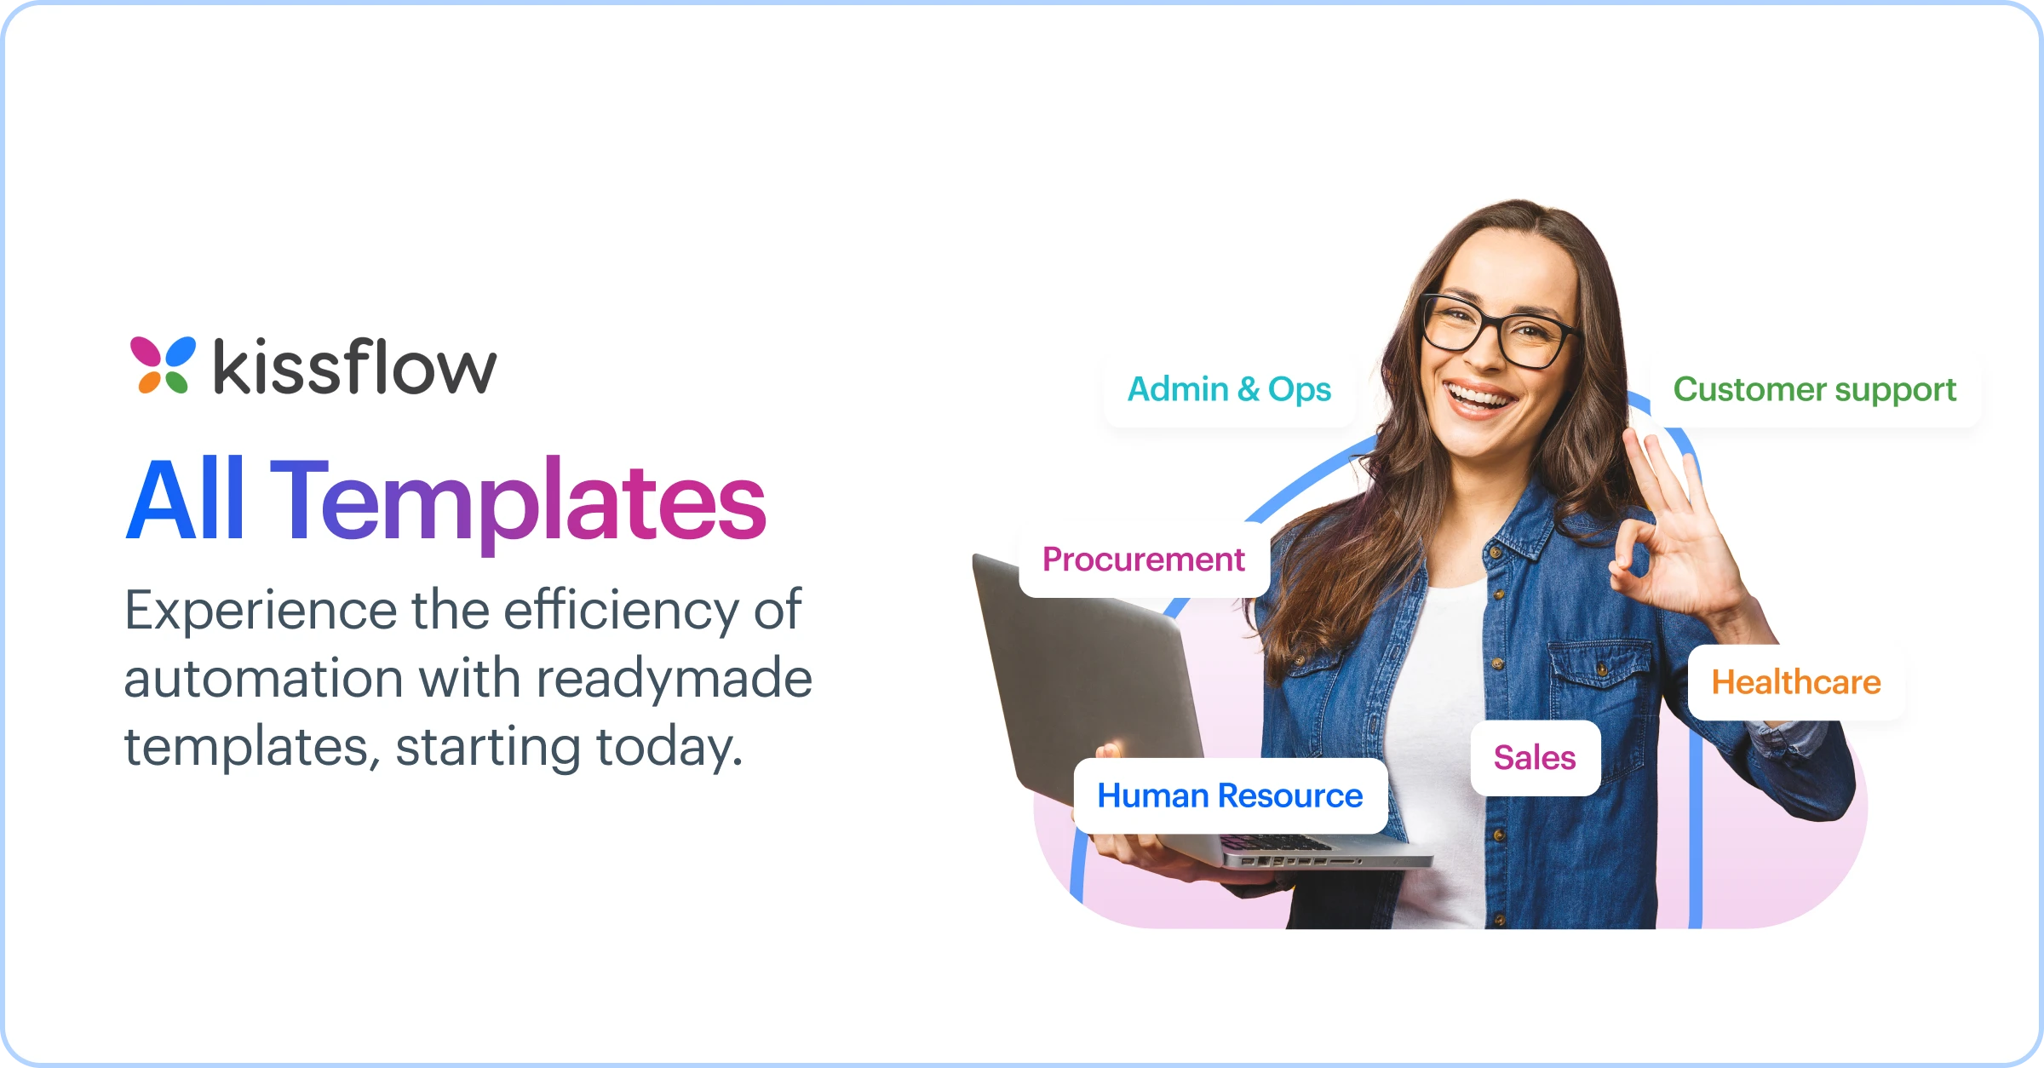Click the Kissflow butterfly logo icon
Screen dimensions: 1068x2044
pos(162,365)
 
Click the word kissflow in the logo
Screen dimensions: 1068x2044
pos(354,366)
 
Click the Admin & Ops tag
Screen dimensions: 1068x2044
pos(1229,389)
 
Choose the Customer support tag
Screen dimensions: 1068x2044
pos(1814,389)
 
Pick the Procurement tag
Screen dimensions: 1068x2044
pos(1143,560)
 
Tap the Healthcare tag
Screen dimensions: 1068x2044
pos(1795,682)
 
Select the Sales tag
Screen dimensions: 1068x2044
pos(1535,758)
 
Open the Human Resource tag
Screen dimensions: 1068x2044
pos(1230,795)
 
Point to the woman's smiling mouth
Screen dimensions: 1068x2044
pos(1480,399)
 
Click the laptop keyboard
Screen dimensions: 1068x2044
pos(1277,843)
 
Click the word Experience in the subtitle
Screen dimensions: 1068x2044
pos(260,612)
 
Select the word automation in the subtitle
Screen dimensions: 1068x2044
pos(263,679)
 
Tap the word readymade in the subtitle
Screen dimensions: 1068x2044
pos(674,679)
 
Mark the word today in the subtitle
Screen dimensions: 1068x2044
pos(669,747)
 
